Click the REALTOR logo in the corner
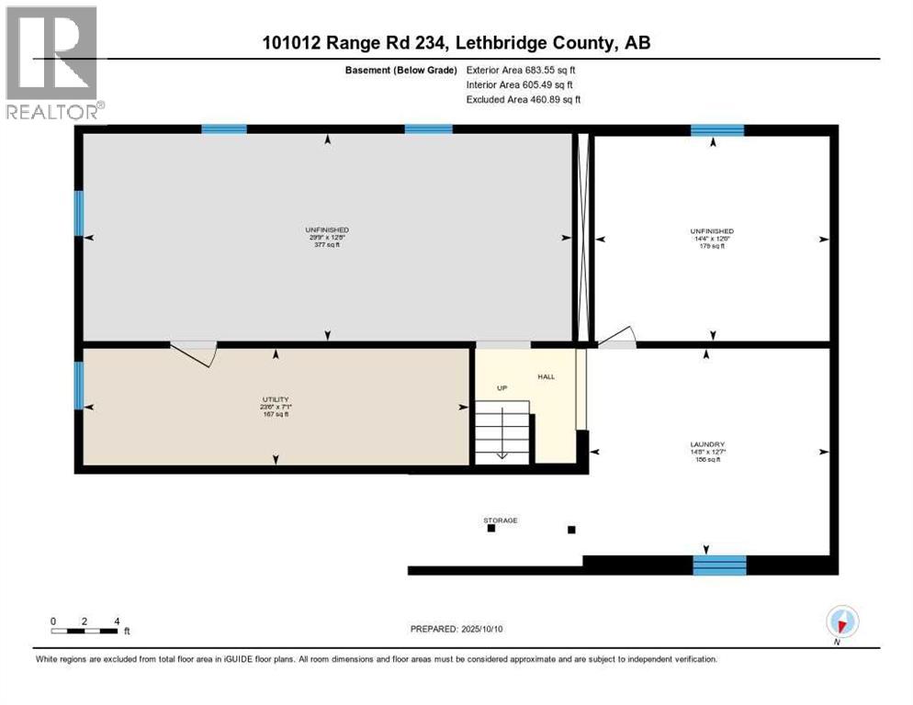[x=52, y=62]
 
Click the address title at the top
[x=456, y=42]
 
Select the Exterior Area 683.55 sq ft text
[x=521, y=69]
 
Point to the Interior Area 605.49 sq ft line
[x=520, y=84]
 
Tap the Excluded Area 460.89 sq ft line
[x=523, y=99]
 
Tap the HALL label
[x=546, y=376]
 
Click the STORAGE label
[x=501, y=520]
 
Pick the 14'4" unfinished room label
[x=713, y=238]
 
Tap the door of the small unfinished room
[x=617, y=338]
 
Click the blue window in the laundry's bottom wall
[x=718, y=565]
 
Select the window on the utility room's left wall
[x=79, y=386]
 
